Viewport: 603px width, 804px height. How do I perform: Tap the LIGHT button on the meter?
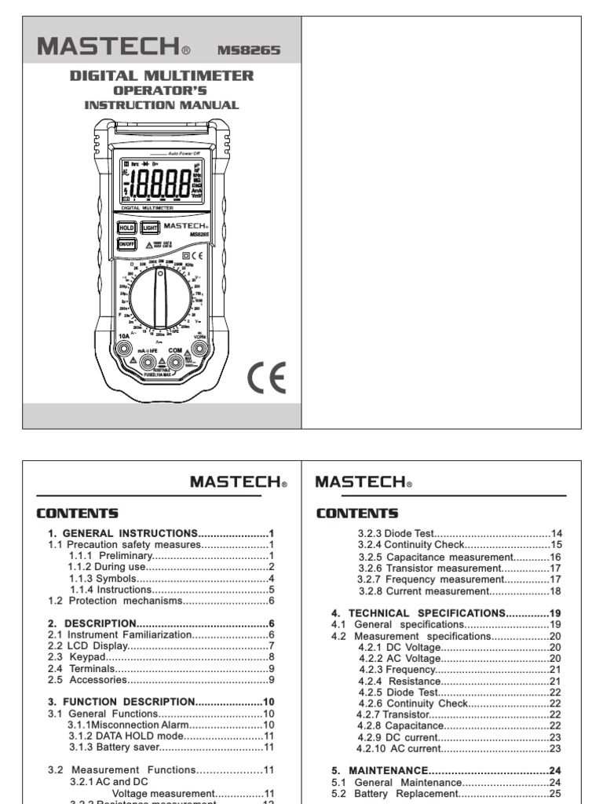(151, 228)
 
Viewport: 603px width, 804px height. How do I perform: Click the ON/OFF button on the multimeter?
(127, 244)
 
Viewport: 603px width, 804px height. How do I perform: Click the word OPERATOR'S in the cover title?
(162, 90)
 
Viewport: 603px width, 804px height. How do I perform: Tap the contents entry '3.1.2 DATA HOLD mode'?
(170, 736)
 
